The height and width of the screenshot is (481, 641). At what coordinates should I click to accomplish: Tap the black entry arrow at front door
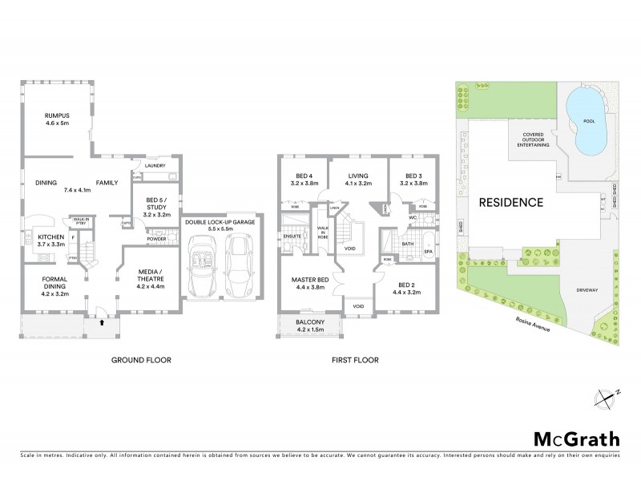(x=101, y=324)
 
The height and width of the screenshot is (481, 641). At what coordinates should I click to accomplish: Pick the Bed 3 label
(x=413, y=179)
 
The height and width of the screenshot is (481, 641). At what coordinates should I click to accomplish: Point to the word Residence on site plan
(x=511, y=203)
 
